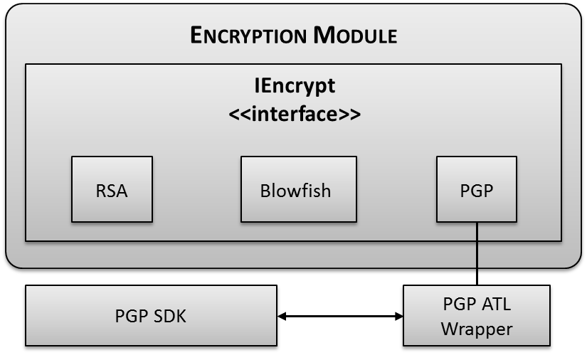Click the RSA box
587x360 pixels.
[112, 189]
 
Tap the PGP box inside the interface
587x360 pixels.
[477, 189]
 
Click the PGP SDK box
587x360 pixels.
[150, 317]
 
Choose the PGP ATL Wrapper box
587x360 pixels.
[477, 317]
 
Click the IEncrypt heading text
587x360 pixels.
[295, 86]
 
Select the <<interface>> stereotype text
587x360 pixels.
[295, 112]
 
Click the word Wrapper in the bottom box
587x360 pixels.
[477, 329]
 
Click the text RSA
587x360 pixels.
[112, 191]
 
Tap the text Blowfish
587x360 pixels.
[295, 191]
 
